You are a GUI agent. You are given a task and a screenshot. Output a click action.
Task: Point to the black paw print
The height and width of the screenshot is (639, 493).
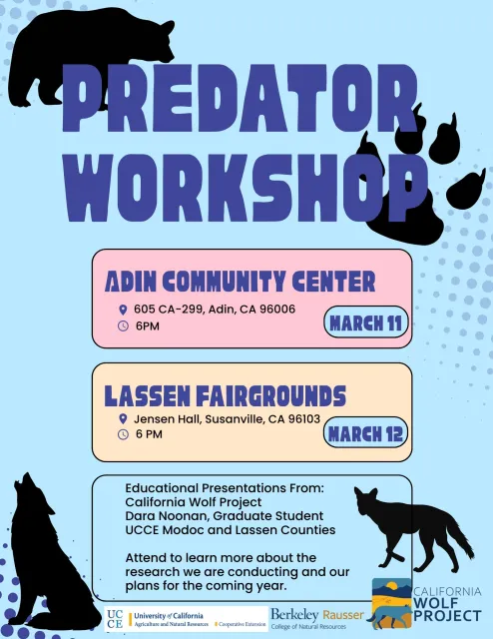[419, 190]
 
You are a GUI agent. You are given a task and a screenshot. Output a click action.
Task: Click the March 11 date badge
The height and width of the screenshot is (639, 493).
[365, 322]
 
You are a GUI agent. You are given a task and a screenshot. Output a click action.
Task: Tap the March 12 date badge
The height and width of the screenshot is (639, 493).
[365, 433]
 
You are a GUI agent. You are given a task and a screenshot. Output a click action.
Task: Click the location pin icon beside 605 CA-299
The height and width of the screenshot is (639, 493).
[123, 310]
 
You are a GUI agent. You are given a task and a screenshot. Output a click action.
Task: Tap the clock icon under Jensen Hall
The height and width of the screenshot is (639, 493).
[123, 434]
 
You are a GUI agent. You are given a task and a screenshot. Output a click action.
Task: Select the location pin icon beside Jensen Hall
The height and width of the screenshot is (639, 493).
[123, 419]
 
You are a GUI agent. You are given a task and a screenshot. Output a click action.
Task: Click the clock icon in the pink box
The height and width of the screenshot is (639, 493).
[123, 325]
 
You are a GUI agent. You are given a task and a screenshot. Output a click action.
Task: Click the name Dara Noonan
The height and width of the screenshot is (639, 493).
[164, 515]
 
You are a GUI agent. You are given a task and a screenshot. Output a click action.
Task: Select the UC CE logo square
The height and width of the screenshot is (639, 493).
[116, 619]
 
